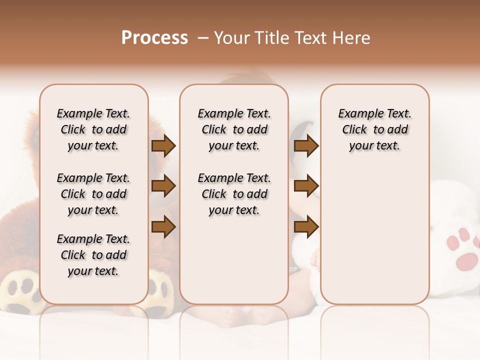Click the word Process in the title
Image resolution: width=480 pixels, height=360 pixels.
[x=154, y=38]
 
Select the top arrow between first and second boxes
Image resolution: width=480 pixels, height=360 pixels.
[x=163, y=146]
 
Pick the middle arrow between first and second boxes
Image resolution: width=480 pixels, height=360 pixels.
[x=163, y=186]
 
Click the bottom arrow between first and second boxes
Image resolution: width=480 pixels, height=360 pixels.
[x=163, y=226]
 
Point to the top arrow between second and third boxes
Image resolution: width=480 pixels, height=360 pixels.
[x=306, y=146]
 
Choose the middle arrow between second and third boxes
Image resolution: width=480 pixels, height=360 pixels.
[x=306, y=186]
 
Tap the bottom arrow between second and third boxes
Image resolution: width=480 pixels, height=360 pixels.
[x=306, y=226]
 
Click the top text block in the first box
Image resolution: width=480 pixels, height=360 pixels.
[x=93, y=129]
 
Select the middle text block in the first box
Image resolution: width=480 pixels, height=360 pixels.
[x=93, y=194]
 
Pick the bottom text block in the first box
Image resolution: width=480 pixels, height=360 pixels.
[x=93, y=255]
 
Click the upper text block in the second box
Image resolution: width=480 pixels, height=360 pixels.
[x=234, y=129]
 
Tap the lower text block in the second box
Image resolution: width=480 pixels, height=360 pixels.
[x=234, y=194]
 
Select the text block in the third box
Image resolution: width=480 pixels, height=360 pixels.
[x=374, y=129]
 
